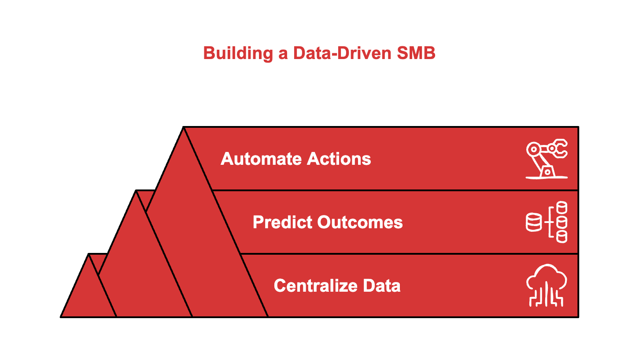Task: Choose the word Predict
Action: pos(282,222)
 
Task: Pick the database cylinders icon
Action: pos(547,222)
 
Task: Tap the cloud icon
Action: pos(547,285)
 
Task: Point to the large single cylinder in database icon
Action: pos(534,222)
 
